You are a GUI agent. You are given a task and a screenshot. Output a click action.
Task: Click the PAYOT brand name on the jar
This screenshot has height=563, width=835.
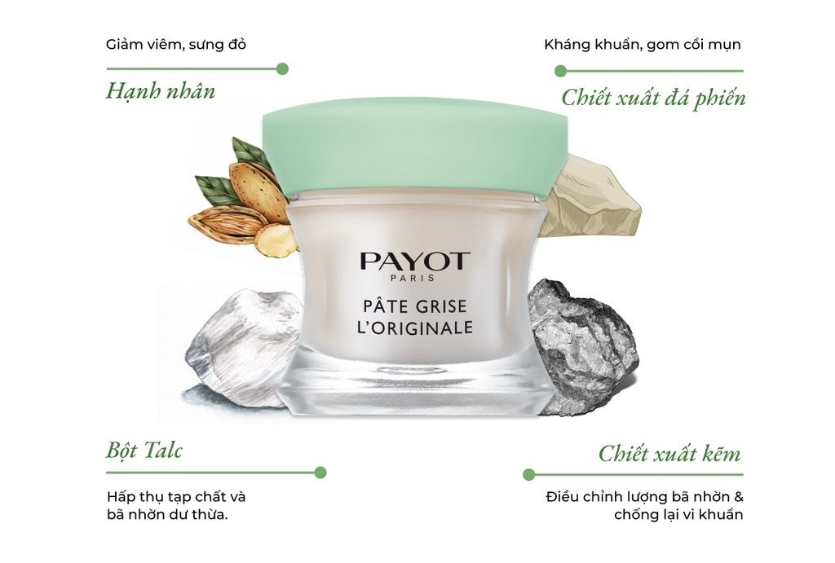tap(414, 262)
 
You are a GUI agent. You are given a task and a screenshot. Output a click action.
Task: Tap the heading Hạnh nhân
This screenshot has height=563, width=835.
tap(161, 90)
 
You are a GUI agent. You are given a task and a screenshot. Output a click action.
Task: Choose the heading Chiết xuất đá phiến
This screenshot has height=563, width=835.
tap(653, 99)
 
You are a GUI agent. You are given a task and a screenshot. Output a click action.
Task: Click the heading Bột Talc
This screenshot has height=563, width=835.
tap(144, 451)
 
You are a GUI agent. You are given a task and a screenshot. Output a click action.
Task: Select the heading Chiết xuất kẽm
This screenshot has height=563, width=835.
tap(669, 453)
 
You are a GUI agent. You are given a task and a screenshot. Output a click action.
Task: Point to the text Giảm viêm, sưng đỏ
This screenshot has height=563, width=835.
tap(176, 44)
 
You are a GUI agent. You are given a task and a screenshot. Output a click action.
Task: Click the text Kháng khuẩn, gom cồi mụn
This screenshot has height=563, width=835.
tap(643, 45)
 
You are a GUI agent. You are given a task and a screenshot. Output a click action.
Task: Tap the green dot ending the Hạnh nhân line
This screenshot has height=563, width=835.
tap(283, 68)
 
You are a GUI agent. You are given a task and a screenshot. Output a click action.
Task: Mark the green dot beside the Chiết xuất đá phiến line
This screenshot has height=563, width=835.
tap(560, 71)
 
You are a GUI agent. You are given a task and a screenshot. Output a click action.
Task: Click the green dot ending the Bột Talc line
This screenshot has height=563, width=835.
tap(320, 472)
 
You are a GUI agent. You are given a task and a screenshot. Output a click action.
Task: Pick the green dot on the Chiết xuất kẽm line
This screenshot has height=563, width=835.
tap(528, 474)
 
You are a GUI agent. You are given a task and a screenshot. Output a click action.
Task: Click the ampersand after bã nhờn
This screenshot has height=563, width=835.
tap(738, 498)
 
